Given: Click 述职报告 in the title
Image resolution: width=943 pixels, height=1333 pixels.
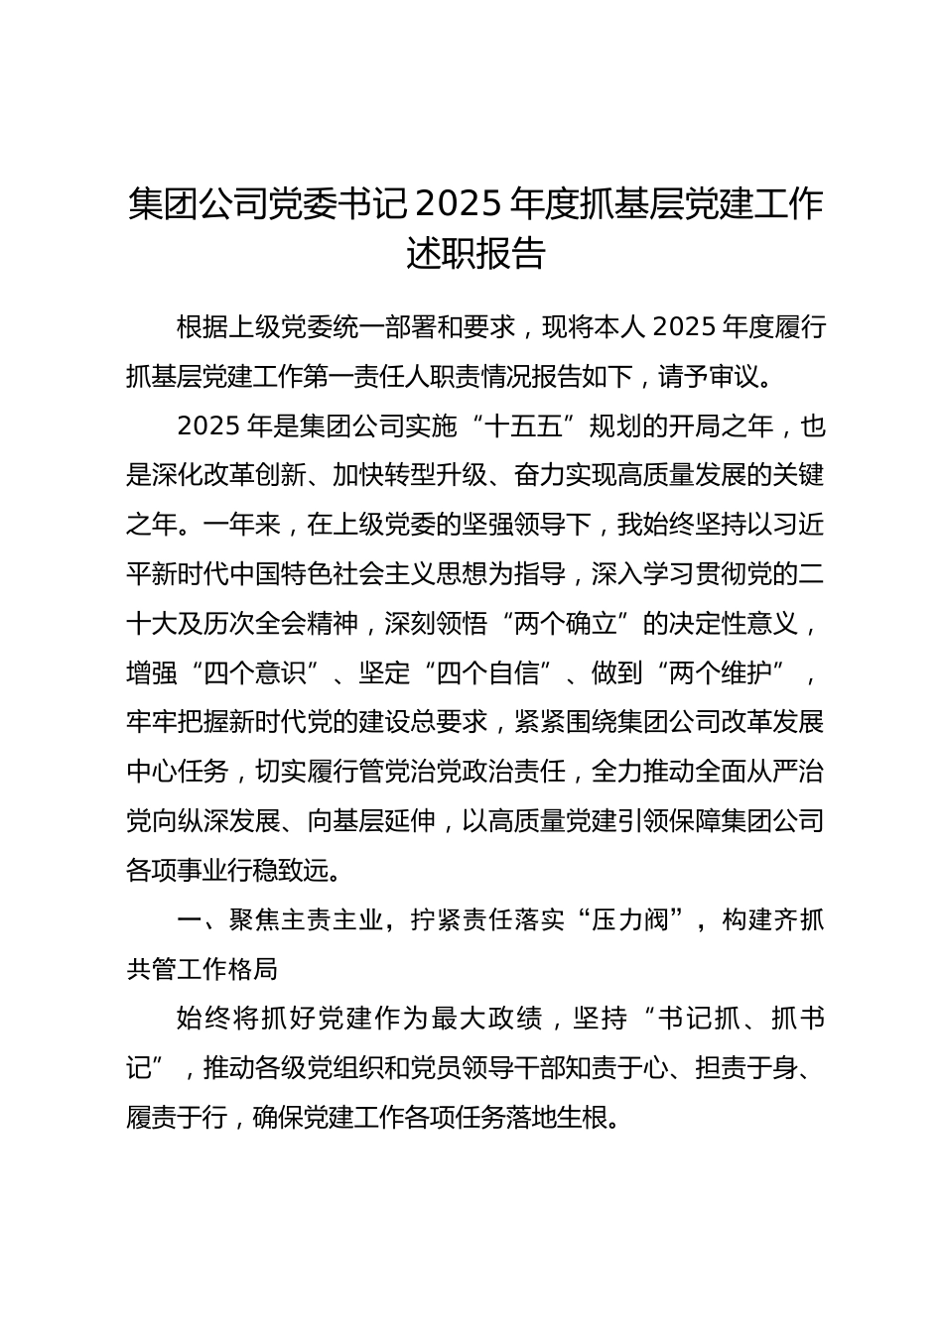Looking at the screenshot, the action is [475, 254].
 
